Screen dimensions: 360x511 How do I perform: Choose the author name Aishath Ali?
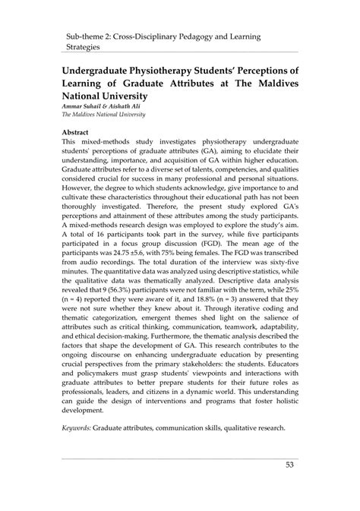pos(137,106)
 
